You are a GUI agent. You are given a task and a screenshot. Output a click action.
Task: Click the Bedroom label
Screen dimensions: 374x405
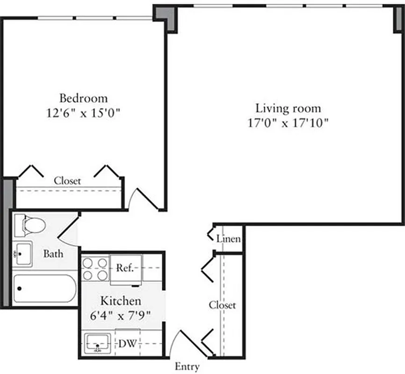[x=83, y=99]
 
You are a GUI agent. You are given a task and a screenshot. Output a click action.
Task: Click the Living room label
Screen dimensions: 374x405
[x=288, y=108]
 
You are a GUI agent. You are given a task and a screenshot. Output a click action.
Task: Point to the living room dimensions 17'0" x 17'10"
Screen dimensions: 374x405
[x=288, y=123]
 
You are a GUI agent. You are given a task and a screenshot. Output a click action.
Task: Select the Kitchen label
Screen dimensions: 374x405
[x=121, y=301]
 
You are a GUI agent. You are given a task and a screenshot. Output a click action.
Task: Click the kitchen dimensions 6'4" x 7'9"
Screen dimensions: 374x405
[x=121, y=315]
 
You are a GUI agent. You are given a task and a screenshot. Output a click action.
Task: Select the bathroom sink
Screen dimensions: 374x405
[x=22, y=254]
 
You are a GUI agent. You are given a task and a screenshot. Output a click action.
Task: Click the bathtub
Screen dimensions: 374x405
[x=44, y=289]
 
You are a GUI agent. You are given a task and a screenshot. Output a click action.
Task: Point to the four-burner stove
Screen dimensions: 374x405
[x=95, y=268]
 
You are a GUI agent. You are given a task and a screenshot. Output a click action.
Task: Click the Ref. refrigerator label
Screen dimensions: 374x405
[x=125, y=268]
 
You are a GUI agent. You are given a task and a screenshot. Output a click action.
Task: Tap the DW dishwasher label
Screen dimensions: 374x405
[x=127, y=345]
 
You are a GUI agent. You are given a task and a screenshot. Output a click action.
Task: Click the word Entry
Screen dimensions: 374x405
[x=187, y=367]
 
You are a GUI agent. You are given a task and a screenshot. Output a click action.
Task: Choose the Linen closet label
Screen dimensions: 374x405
[x=228, y=239]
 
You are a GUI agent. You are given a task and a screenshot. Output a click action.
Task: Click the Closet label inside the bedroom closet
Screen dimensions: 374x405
[x=67, y=180]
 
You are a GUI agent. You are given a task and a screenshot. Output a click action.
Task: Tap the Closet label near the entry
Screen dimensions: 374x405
[x=222, y=305]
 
